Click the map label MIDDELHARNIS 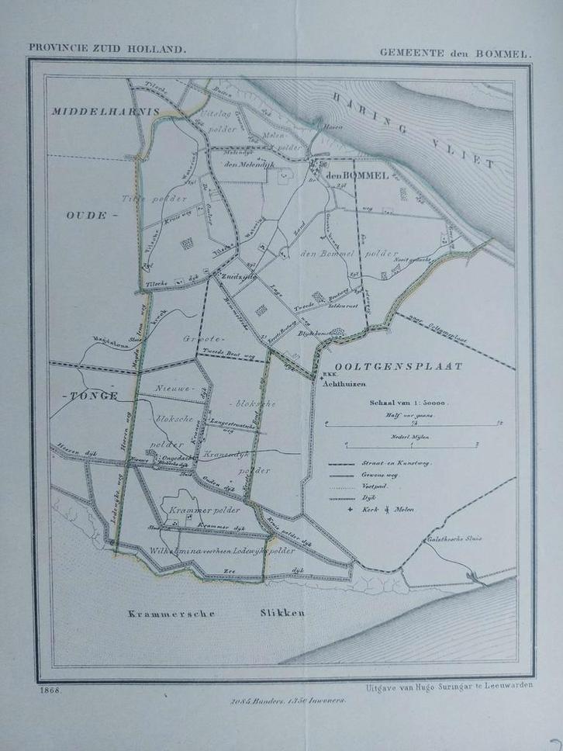coord(105,112)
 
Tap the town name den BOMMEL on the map coord(357,176)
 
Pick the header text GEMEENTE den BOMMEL coord(455,54)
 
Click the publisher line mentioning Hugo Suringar coord(447,687)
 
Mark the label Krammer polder coord(212,509)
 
